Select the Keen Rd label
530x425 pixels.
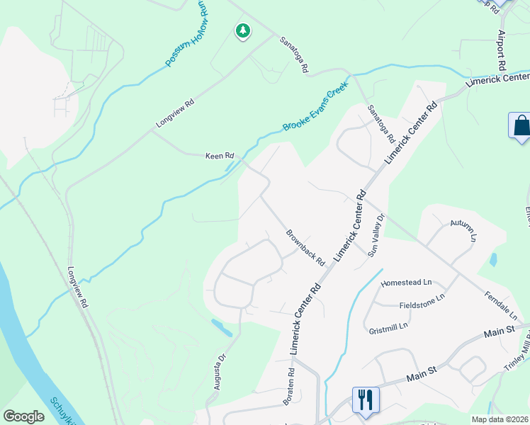(x=219, y=156)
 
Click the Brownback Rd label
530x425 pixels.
(x=305, y=247)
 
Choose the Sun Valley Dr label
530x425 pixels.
(x=376, y=235)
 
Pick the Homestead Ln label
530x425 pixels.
(x=406, y=283)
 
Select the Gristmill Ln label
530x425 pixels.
(x=389, y=327)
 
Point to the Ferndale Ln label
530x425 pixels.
(x=502, y=305)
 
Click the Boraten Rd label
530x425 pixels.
(x=289, y=386)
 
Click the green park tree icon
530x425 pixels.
(x=243, y=31)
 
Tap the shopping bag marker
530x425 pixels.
(x=521, y=126)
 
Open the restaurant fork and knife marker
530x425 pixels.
(x=366, y=399)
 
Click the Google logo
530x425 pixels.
(x=23, y=416)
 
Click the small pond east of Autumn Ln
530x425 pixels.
(x=492, y=260)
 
